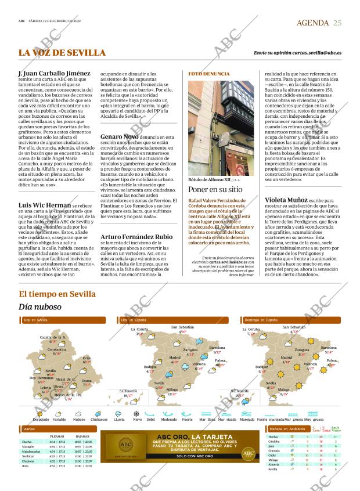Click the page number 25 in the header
click(x=338, y=22)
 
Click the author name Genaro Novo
click(x=119, y=136)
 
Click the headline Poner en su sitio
click(x=214, y=190)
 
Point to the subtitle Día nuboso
click(x=39, y=306)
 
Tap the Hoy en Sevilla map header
click(x=35, y=320)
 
